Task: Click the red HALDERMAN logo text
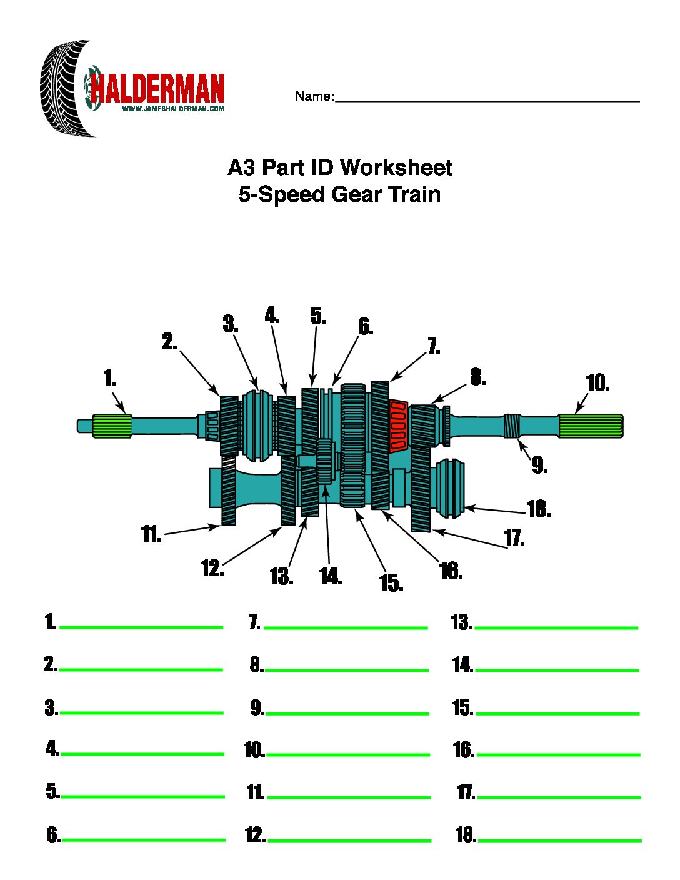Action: [x=157, y=89]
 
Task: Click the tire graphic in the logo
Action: [x=62, y=89]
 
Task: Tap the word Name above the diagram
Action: [x=314, y=96]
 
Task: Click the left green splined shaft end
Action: [x=112, y=426]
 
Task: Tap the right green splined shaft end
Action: [x=591, y=426]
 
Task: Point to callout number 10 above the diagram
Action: [x=597, y=383]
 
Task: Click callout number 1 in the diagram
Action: [x=109, y=378]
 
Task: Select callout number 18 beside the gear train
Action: [x=538, y=509]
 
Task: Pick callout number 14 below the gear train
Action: [x=330, y=576]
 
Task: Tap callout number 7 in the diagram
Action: [x=433, y=346]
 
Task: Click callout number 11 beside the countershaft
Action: [x=151, y=535]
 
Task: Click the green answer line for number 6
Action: [x=144, y=839]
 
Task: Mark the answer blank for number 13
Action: [x=556, y=627]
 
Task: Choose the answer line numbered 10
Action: [x=347, y=754]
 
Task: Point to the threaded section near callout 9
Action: [x=512, y=426]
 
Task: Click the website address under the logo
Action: [x=173, y=109]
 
